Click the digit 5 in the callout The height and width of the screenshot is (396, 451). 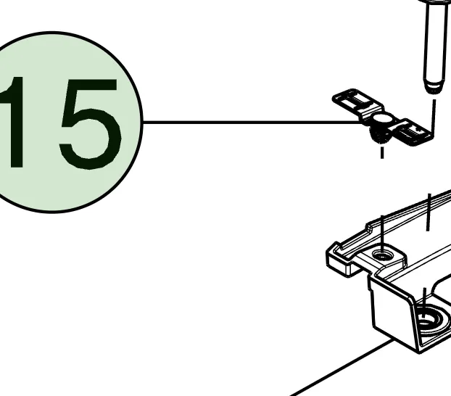pos(90,124)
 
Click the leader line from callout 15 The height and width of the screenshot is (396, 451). pos(252,123)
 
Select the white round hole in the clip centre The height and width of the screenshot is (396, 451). pos(382,118)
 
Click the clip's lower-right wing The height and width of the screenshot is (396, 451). pos(413,132)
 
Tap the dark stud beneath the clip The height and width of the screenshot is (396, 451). pos(380,136)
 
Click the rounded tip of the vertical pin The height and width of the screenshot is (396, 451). pos(433,87)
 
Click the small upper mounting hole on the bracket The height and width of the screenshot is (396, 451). pos(382,255)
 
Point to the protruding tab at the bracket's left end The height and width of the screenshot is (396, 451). pos(339,260)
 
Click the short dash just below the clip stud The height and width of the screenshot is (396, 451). pos(382,152)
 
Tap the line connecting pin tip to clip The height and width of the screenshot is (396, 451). pos(434,116)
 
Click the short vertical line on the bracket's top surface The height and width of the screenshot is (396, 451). pos(429,212)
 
